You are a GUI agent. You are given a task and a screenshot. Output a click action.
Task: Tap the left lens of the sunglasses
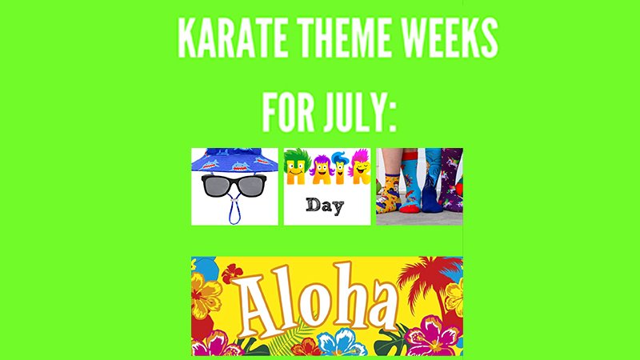[216, 186]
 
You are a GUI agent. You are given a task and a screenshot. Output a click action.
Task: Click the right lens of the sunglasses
[251, 186]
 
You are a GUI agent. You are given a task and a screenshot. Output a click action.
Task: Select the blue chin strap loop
[234, 210]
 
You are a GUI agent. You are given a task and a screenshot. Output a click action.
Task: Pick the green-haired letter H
[297, 166]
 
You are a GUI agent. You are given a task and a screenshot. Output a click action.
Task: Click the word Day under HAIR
[325, 206]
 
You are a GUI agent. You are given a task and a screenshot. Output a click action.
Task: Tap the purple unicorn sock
[451, 179]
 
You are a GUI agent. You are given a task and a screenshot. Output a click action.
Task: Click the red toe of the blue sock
[410, 208]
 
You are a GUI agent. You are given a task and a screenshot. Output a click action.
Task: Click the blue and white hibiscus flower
[337, 342]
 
